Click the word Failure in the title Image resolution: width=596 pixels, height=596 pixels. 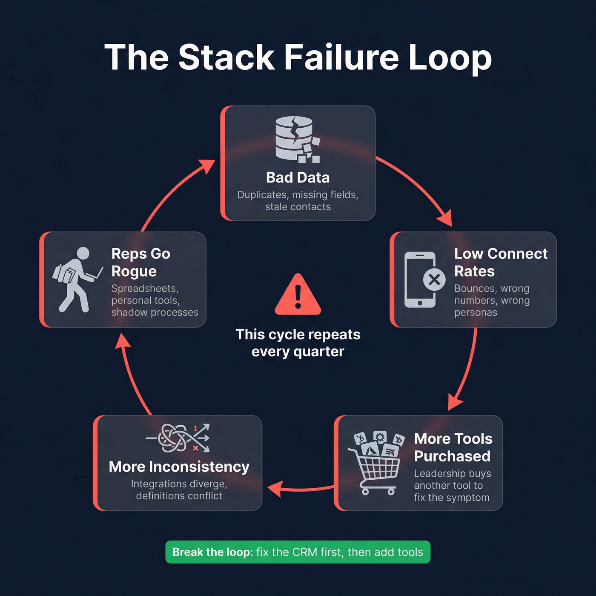tap(341, 57)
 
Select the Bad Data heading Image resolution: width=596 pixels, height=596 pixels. tap(298, 178)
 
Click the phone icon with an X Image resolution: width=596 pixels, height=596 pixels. tap(423, 280)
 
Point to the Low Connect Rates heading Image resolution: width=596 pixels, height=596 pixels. tap(500, 262)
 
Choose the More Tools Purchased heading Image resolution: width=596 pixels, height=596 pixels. tap(453, 447)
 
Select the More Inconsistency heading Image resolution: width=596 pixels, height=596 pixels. tap(179, 467)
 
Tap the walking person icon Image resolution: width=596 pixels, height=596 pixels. tap(77, 279)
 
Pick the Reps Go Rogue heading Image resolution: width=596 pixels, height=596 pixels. tap(140, 262)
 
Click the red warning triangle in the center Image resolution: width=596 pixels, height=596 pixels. tap(298, 295)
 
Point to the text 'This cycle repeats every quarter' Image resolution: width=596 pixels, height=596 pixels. tap(298, 343)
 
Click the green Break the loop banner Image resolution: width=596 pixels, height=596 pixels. tap(298, 552)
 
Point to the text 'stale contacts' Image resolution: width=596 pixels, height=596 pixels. tap(298, 207)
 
